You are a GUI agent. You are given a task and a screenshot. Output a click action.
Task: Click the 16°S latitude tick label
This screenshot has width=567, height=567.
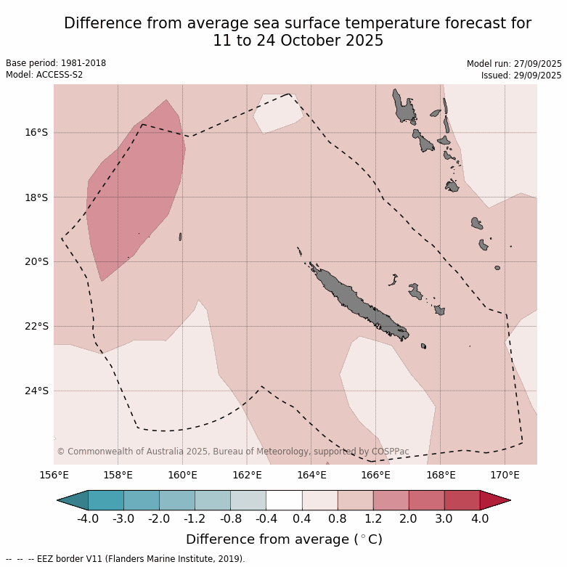click(36, 133)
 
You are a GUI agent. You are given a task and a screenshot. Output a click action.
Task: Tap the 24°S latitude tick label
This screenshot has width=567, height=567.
click(36, 391)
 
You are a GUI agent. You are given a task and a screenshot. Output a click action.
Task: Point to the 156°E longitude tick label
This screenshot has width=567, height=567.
click(54, 476)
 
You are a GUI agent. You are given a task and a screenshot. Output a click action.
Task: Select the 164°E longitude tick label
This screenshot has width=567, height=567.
click(311, 476)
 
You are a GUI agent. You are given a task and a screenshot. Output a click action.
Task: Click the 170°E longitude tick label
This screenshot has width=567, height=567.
click(505, 476)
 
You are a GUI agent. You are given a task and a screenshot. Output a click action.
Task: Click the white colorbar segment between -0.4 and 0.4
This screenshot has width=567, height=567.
click(284, 500)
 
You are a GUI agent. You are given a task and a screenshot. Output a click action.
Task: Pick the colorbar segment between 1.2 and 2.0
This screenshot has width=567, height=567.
click(391, 500)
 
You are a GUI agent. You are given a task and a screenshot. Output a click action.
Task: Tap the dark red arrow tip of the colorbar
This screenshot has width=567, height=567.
click(495, 500)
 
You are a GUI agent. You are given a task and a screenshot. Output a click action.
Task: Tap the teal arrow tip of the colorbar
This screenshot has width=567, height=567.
click(73, 500)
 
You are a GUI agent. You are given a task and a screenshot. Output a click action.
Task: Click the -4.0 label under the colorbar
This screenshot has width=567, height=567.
click(87, 519)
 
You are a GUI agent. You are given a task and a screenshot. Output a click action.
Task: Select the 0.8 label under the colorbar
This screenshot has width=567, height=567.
click(338, 519)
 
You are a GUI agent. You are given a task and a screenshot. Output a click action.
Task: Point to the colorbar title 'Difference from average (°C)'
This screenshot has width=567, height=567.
click(284, 539)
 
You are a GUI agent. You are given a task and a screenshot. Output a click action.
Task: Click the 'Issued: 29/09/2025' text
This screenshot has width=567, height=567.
click(521, 76)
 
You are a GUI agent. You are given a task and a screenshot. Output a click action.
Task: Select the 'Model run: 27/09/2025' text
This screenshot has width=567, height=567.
click(513, 64)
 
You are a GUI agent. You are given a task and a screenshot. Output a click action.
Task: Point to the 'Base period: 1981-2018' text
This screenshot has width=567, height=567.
click(56, 63)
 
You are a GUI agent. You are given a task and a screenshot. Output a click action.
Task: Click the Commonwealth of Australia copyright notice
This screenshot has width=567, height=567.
click(232, 452)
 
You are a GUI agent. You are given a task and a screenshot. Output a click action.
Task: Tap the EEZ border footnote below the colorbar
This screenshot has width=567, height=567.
click(126, 559)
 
